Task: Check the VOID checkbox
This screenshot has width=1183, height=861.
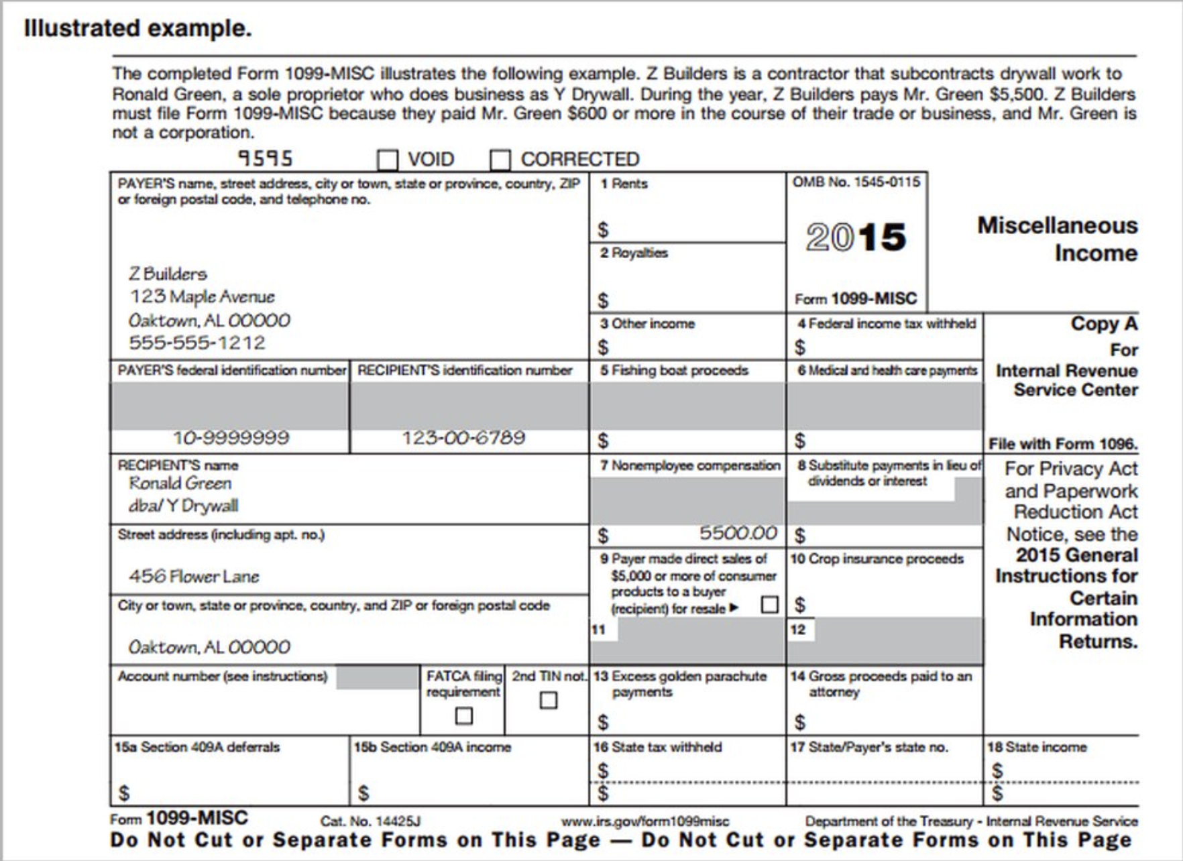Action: tap(388, 160)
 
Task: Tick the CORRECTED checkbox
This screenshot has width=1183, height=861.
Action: tap(500, 160)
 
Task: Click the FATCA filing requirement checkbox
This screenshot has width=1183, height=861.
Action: tap(463, 715)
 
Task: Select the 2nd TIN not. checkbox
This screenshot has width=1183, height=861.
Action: tap(548, 700)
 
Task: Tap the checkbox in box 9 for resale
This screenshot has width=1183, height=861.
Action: tap(769, 605)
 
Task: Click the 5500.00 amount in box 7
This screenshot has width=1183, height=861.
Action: tap(738, 533)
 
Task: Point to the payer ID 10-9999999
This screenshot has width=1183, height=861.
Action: tap(231, 438)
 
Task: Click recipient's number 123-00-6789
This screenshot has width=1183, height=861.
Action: tap(463, 438)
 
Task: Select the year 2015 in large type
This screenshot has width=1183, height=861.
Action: tap(856, 237)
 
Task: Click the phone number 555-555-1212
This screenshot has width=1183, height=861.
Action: tap(197, 343)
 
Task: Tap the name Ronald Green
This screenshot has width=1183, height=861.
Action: tap(180, 483)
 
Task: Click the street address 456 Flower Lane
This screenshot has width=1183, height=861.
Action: tap(194, 576)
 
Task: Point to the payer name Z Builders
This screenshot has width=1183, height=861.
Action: tap(168, 274)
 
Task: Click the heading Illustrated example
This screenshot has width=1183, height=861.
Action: tap(137, 28)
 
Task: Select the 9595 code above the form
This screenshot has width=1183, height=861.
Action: tap(266, 158)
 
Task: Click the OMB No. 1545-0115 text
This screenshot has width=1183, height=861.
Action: tap(856, 182)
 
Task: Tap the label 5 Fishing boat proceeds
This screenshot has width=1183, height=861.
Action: tap(674, 370)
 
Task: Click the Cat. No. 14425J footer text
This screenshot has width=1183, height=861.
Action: tap(370, 821)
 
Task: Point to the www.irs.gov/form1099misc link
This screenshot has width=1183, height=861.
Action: tap(644, 821)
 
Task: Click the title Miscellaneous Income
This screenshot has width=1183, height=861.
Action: tap(1058, 239)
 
